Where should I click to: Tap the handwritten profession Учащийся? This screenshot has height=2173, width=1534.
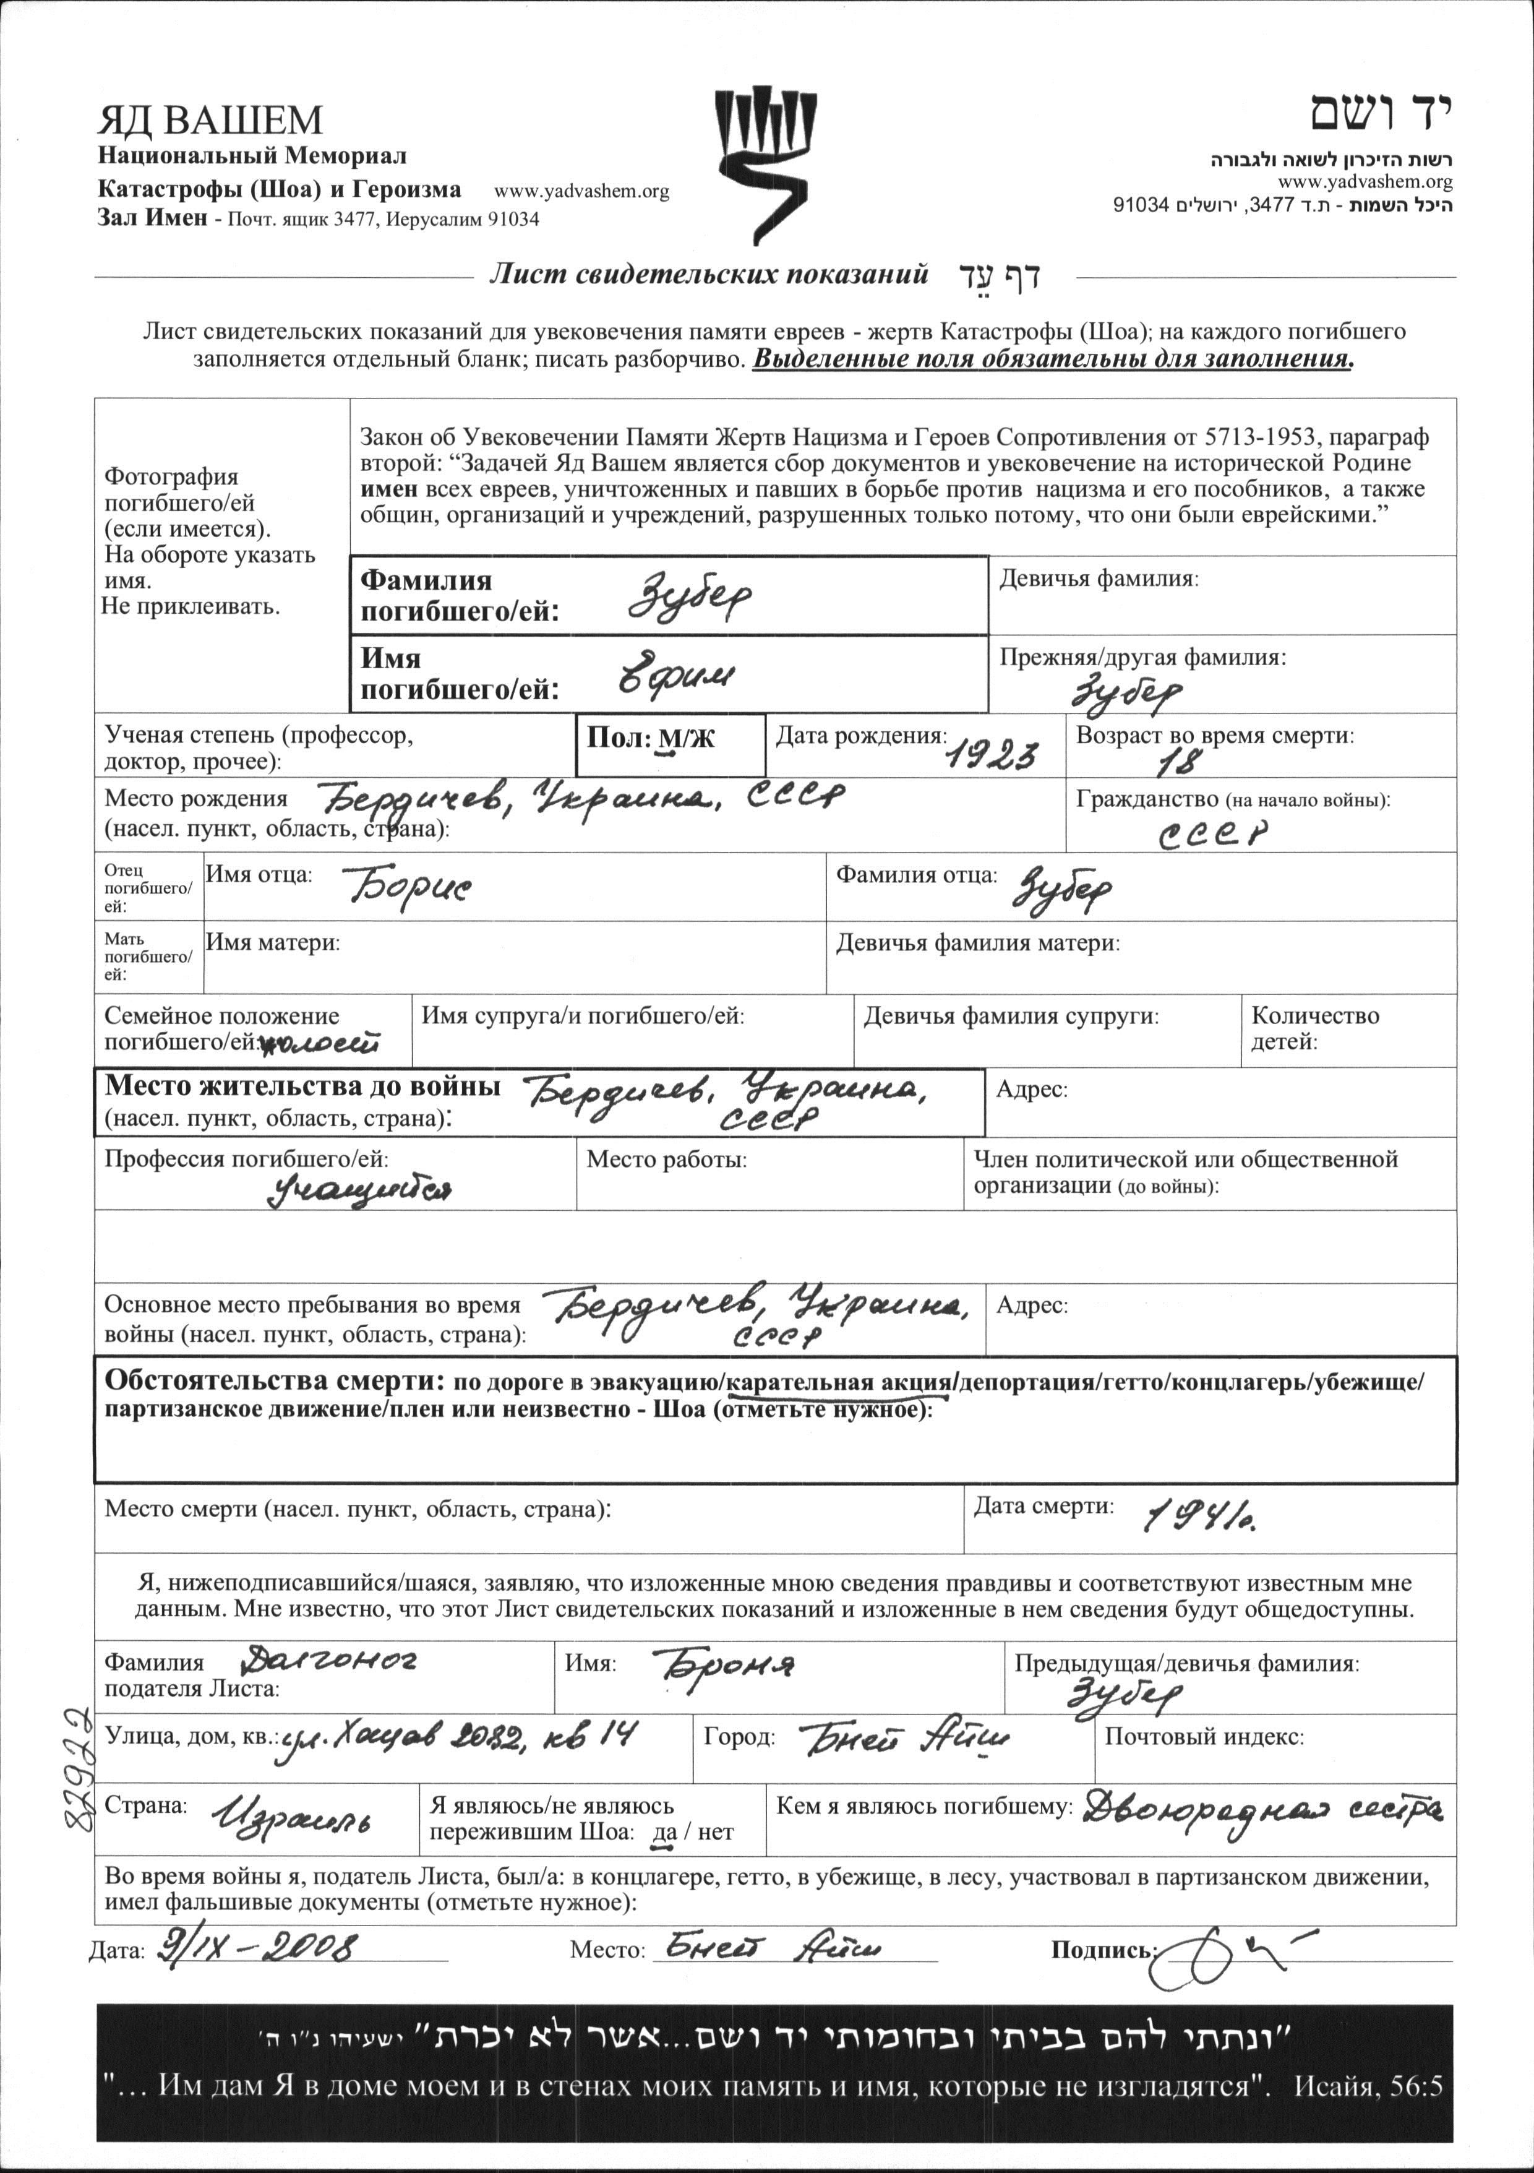[359, 1190]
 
